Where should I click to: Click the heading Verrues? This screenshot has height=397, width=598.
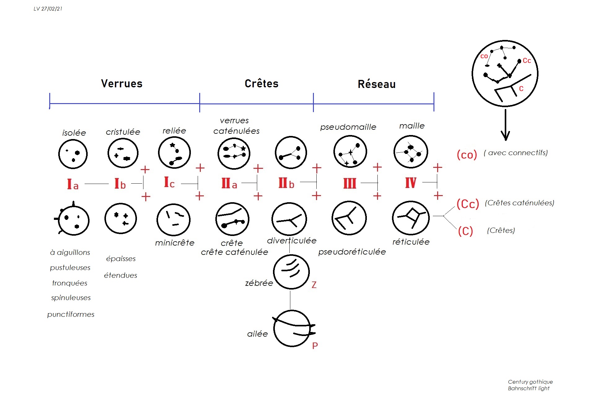(x=121, y=84)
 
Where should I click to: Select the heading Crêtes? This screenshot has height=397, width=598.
(x=262, y=84)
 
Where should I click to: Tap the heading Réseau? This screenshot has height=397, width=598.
(x=376, y=84)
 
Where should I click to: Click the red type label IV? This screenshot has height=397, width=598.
(x=411, y=183)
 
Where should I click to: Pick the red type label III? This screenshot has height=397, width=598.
(x=350, y=183)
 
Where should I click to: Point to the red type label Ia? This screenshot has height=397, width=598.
(x=73, y=184)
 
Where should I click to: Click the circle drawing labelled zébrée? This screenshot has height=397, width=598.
(x=291, y=272)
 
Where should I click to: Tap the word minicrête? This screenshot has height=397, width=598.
(x=174, y=243)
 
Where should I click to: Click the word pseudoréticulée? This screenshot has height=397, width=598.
(x=352, y=252)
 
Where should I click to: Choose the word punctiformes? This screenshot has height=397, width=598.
(x=71, y=314)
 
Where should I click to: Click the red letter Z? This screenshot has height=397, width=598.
(x=314, y=285)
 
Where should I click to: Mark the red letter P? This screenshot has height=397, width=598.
(x=315, y=346)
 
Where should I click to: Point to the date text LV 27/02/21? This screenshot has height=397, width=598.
(x=48, y=9)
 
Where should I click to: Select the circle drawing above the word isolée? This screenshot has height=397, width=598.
(x=73, y=154)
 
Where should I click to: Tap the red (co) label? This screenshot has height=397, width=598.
(x=467, y=155)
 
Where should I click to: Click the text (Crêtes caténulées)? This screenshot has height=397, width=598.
(x=519, y=203)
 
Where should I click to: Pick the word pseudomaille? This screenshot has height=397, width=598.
(x=348, y=127)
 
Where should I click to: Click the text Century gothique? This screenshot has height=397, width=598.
(x=530, y=382)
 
